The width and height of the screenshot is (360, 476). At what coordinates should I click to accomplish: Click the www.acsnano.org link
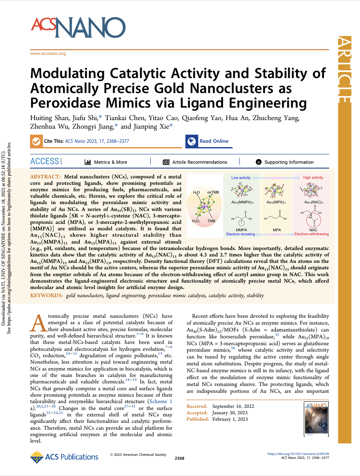(48, 54)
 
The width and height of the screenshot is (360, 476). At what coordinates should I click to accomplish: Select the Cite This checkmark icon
(36, 141)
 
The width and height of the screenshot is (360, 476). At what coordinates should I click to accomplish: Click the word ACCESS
(45, 162)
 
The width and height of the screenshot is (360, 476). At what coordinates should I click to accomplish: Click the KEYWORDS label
(45, 296)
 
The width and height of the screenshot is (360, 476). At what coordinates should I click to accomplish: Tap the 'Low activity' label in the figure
(241, 177)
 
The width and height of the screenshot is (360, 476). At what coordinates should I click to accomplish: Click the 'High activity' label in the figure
(313, 177)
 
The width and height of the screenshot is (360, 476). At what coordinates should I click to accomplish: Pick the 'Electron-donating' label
(241, 235)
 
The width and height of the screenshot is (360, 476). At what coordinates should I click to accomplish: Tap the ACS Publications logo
(64, 457)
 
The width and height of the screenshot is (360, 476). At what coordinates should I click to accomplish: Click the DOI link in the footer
(304, 453)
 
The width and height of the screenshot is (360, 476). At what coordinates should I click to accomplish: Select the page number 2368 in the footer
(180, 458)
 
